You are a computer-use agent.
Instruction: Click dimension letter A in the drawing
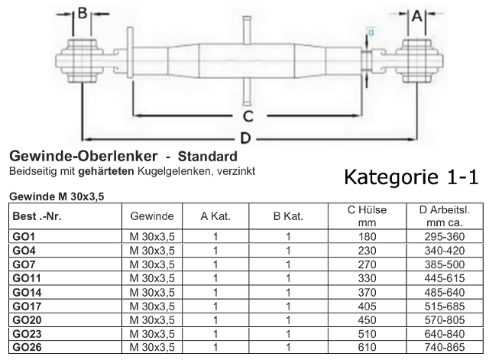pos(419,15)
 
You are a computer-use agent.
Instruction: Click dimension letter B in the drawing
pos(84,15)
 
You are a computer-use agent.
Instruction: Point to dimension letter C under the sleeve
pos(248,116)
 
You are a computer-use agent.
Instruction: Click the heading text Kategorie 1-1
pos(411,177)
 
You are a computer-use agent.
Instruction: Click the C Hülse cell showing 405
pos(367,306)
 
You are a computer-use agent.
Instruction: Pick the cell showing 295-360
pos(444,237)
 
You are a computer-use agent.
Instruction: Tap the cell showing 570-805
pos(444,319)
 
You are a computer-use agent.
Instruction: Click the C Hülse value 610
pos(367,347)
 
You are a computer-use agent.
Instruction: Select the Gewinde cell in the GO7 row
pos(153,264)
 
